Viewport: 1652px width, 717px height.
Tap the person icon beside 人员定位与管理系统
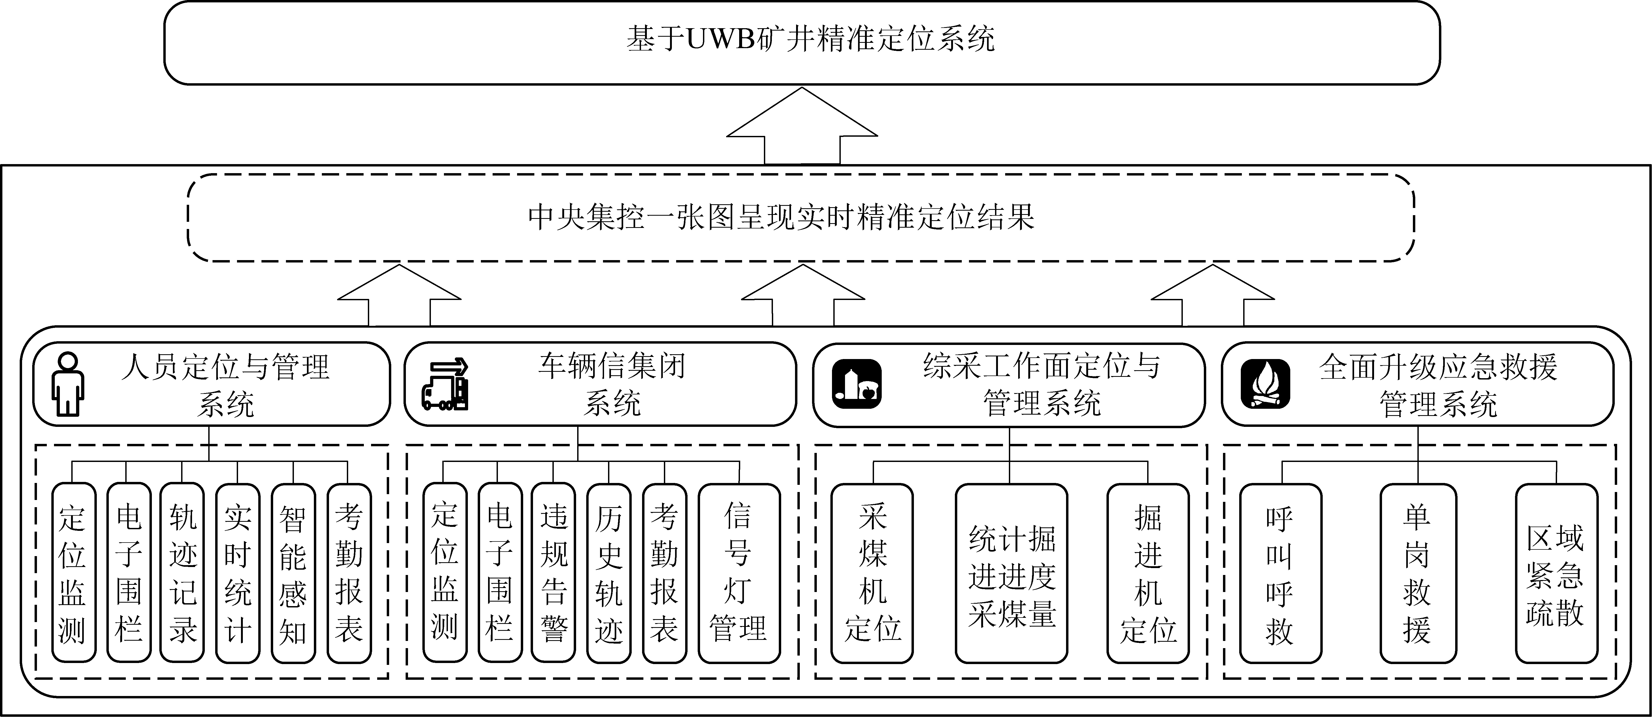[x=68, y=383]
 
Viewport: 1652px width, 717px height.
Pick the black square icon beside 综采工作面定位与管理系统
[x=857, y=383]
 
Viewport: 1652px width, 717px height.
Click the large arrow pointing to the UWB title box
[x=802, y=125]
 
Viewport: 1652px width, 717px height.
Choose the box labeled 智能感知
[x=293, y=573]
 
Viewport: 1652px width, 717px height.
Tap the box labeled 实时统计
[x=237, y=573]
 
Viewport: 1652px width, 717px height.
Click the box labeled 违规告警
[x=554, y=573]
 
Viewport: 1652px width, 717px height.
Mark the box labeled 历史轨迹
[x=609, y=573]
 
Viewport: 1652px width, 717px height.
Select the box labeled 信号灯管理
[x=739, y=573]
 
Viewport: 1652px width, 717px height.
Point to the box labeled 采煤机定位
[x=872, y=573]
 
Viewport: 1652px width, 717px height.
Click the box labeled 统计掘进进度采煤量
[x=1011, y=573]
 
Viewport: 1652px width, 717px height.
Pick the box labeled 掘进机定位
[x=1148, y=573]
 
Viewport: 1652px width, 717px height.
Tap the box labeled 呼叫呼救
[x=1280, y=573]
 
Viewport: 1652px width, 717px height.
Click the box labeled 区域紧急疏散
[x=1556, y=573]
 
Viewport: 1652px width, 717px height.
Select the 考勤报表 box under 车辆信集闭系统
[x=664, y=573]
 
